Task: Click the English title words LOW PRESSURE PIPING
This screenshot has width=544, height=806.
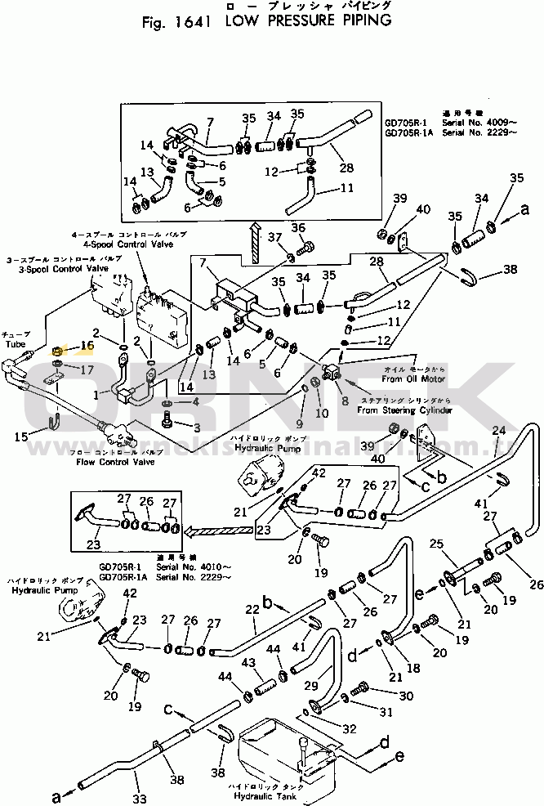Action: pyautogui.click(x=303, y=20)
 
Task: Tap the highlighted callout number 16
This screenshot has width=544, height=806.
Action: pyautogui.click(x=87, y=346)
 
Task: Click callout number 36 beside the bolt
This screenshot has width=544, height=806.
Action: pyautogui.click(x=298, y=227)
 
